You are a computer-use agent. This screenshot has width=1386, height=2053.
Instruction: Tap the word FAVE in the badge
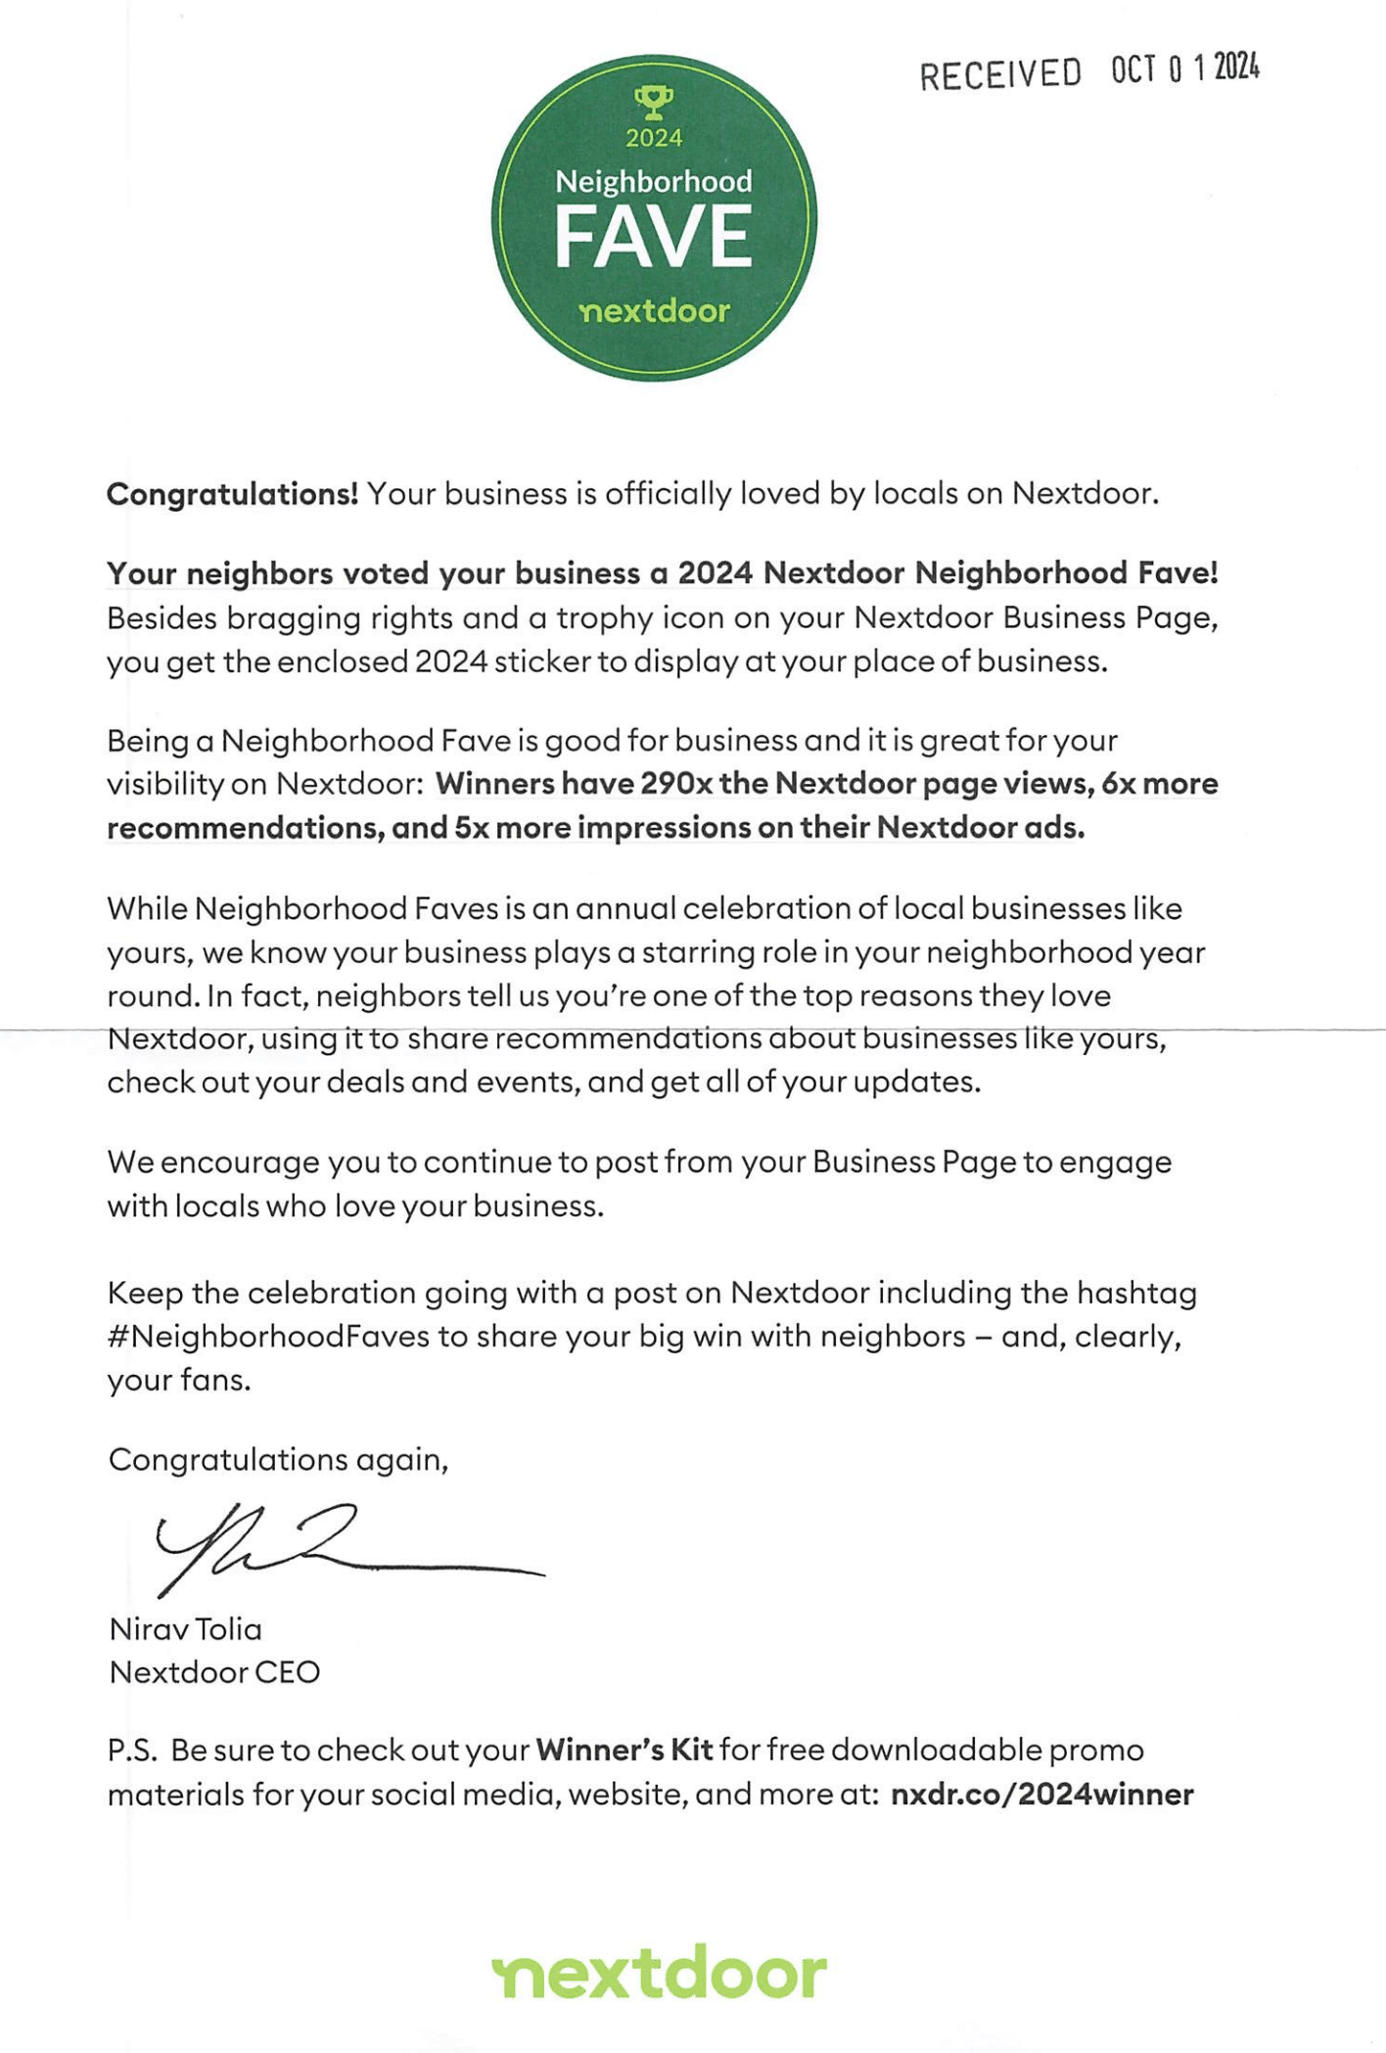tap(653, 236)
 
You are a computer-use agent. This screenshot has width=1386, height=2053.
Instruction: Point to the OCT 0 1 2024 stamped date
tap(1184, 68)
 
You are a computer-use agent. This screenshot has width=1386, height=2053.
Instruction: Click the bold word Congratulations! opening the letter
tap(233, 494)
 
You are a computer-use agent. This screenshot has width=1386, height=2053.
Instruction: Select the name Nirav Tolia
tap(186, 1629)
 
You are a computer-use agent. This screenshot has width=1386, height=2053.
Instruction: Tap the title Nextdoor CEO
tap(214, 1672)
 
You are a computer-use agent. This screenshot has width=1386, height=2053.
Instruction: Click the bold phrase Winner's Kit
tap(624, 1750)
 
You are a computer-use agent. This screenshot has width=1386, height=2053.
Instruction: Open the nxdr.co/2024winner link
tap(1041, 1795)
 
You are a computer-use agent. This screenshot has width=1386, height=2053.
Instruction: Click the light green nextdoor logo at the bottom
tap(659, 1973)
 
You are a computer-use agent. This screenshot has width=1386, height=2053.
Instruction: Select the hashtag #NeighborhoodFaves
tap(268, 1337)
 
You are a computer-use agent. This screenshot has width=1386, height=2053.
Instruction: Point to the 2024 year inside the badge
tap(654, 138)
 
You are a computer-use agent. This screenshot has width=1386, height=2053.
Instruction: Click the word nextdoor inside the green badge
tap(654, 312)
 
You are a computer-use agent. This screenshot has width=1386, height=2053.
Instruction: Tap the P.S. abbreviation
tap(132, 1750)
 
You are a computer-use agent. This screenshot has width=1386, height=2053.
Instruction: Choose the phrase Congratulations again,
tap(278, 1460)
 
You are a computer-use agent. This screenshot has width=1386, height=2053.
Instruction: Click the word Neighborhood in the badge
tap(654, 181)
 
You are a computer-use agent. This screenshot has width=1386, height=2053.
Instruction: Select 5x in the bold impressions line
tap(471, 828)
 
